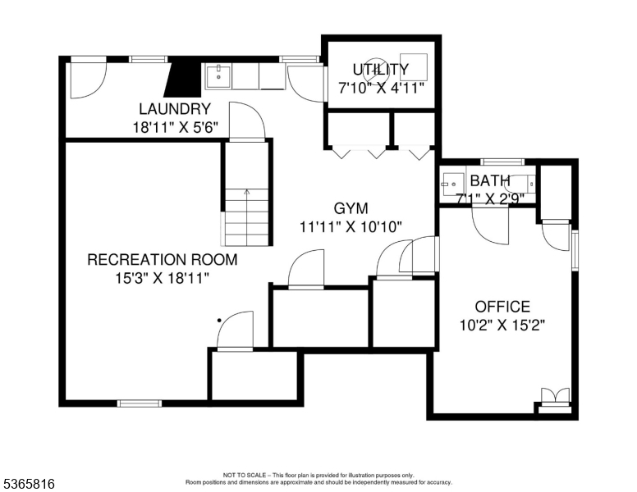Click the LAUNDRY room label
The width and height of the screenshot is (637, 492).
[175, 108]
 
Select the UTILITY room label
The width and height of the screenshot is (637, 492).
[380, 69]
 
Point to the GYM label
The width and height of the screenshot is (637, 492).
[351, 208]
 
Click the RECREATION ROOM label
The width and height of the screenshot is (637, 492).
[163, 260]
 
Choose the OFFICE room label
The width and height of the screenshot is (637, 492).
[502, 307]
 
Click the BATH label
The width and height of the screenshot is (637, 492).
[490, 180]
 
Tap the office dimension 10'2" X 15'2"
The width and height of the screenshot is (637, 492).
[502, 325]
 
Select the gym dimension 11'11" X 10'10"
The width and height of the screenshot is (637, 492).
[351, 227]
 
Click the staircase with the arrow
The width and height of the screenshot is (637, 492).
[245, 216]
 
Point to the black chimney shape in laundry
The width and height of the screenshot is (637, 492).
[184, 79]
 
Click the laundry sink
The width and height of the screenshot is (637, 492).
[218, 78]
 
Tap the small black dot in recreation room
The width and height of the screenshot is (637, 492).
[219, 321]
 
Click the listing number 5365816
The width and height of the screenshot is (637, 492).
[29, 484]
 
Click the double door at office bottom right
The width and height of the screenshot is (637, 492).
[555, 396]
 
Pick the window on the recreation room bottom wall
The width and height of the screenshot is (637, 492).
[139, 403]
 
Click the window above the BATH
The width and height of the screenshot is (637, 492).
[502, 162]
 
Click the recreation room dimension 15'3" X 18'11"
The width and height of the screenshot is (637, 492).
[163, 278]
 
